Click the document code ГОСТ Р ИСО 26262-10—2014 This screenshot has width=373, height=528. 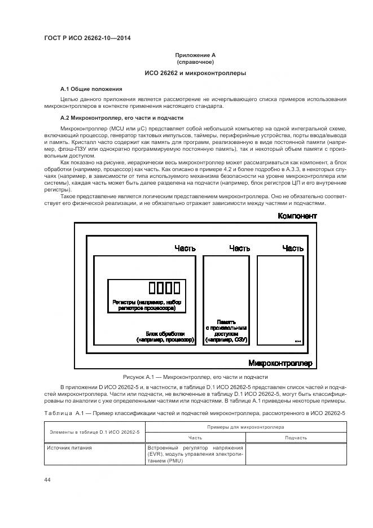(x=91, y=38)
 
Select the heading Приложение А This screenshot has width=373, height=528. (x=195, y=55)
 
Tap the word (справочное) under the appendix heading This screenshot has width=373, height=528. (x=195, y=62)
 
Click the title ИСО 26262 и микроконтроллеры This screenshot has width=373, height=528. (x=195, y=73)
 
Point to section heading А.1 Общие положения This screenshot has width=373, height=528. (x=91, y=89)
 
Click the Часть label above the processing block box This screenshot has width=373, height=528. (x=185, y=248)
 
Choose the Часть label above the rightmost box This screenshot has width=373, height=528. (x=293, y=248)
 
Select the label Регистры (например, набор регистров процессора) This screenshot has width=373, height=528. (x=147, y=306)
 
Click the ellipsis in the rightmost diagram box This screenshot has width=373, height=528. (x=298, y=341)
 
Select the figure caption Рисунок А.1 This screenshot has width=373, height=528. (x=195, y=377)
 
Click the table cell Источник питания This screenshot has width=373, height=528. (x=69, y=448)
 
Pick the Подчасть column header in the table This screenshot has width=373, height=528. (x=296, y=438)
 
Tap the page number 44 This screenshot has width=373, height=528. (x=47, y=479)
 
